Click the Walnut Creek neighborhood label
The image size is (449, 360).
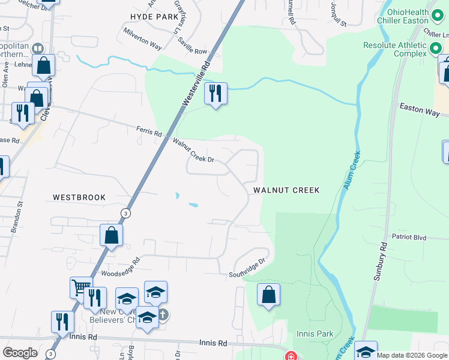click(286, 190)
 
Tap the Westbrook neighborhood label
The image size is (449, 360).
click(79, 197)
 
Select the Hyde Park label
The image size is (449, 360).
click(154, 16)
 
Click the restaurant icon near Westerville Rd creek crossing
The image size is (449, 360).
click(215, 93)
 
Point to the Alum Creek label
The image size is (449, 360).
click(352, 170)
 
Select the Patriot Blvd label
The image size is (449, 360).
click(409, 238)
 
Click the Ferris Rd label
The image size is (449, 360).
click(149, 132)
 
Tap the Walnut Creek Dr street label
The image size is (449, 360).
click(193, 151)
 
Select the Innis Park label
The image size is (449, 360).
click(315, 333)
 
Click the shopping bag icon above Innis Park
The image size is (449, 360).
click(268, 295)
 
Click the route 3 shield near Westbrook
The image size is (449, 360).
click(125, 213)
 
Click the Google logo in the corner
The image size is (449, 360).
click(20, 353)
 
